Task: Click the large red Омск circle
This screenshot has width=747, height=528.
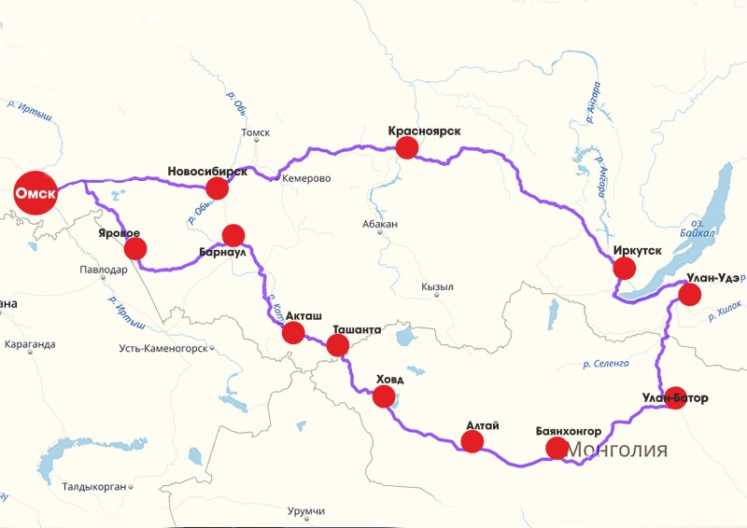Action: tap(35, 193)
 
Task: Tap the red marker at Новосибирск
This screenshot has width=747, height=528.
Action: tap(217, 188)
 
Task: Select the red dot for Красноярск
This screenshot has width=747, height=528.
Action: tap(407, 148)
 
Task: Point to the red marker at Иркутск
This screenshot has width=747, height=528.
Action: tap(624, 270)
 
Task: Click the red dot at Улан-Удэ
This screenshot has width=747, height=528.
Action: tap(689, 295)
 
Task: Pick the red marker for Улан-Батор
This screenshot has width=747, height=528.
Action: tap(674, 397)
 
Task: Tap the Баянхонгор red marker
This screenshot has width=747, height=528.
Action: tap(557, 449)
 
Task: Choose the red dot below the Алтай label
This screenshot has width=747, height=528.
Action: tap(472, 442)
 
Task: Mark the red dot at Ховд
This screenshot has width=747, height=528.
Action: tap(384, 396)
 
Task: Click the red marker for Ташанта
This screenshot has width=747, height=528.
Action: tap(337, 346)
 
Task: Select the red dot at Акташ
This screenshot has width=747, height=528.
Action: tap(293, 333)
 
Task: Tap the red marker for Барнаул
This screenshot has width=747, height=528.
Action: tap(233, 235)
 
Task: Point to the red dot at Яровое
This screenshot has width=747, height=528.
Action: tap(135, 248)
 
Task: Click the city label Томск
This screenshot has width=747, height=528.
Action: tap(255, 133)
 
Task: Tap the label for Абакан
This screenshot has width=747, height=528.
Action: tap(380, 224)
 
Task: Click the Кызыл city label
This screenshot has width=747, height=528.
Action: tap(437, 286)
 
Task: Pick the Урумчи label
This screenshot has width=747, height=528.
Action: tap(307, 511)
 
